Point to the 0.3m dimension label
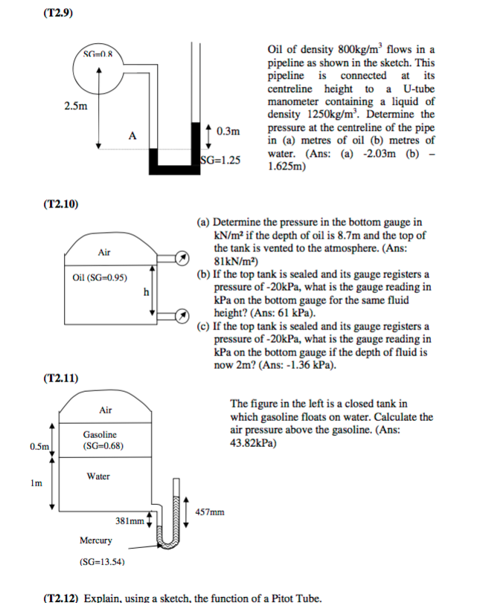click(228, 132)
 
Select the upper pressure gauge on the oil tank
click(182, 258)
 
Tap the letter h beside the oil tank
click(147, 291)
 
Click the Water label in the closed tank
click(98, 476)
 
